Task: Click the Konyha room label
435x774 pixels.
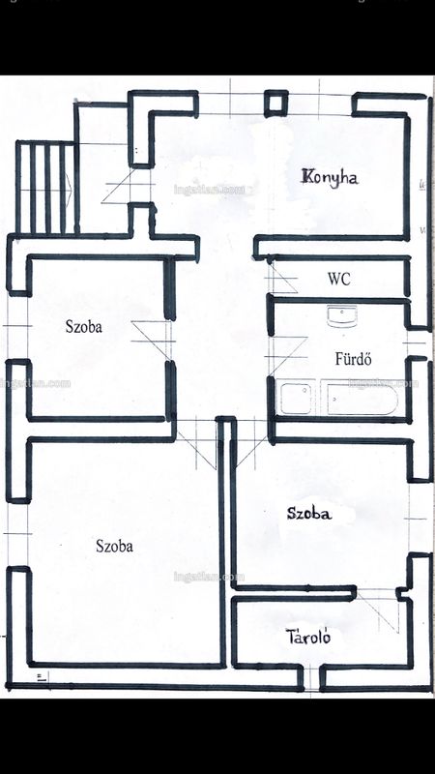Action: click(x=330, y=177)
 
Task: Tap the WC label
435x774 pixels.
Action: click(x=339, y=279)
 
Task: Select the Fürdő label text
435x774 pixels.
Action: click(x=353, y=358)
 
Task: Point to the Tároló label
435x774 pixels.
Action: click(x=307, y=637)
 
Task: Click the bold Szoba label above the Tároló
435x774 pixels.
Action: click(x=309, y=514)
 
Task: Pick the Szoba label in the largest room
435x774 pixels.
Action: click(x=114, y=546)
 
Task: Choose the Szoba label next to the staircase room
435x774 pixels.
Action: click(x=84, y=326)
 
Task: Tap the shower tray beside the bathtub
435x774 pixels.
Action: click(x=297, y=398)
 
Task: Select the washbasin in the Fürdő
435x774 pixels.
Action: click(x=342, y=316)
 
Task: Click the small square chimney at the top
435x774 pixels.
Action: click(x=275, y=104)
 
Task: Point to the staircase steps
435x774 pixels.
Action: click(x=45, y=187)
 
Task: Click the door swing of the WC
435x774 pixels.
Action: click(x=282, y=278)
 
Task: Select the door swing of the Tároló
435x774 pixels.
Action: click(x=378, y=610)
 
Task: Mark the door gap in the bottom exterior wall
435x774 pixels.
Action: click(x=311, y=678)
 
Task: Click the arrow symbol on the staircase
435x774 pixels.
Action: click(x=69, y=187)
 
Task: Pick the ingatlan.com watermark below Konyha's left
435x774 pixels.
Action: click(x=210, y=189)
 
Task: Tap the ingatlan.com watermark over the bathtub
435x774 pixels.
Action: click(x=383, y=383)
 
